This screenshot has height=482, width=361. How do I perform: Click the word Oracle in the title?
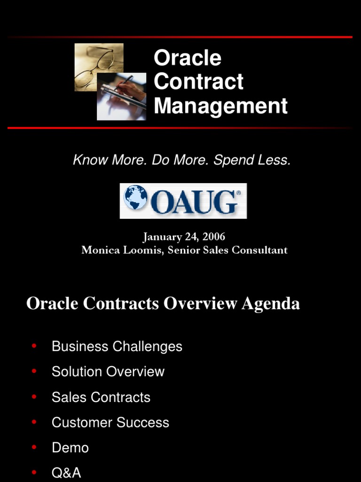click(187, 58)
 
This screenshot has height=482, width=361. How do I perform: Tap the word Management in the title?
click(220, 105)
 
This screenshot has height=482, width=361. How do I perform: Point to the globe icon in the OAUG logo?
click(135, 197)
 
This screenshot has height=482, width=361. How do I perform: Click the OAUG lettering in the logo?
click(195, 201)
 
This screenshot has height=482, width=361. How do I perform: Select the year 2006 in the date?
click(214, 237)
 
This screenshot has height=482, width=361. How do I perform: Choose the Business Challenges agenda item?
click(117, 346)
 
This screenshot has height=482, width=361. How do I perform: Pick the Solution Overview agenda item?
click(108, 371)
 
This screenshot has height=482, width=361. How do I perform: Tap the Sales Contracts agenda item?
click(101, 397)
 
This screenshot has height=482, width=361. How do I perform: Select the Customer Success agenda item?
click(110, 422)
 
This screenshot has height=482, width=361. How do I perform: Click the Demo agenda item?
click(70, 448)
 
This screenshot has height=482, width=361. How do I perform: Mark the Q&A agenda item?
click(66, 473)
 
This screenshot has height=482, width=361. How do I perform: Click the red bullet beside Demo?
click(34, 447)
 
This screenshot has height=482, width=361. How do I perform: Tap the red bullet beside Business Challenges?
click(34, 346)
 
